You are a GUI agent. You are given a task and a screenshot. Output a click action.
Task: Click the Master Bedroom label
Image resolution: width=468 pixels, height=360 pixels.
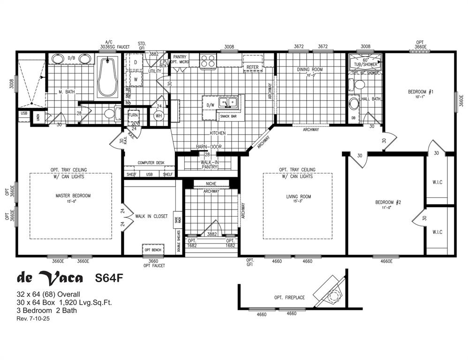(x=73, y=195)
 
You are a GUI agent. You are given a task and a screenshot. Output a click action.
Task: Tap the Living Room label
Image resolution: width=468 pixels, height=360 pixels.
(x=299, y=196)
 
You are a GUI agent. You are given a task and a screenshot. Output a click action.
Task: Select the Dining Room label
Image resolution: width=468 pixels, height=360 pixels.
(x=309, y=70)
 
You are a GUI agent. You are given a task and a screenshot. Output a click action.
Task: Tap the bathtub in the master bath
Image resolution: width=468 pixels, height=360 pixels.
(x=109, y=77)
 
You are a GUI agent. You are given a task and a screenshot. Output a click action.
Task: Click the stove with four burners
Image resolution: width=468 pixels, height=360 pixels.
(x=207, y=61)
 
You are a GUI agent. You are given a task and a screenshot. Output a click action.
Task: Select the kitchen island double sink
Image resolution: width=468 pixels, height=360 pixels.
(x=230, y=102)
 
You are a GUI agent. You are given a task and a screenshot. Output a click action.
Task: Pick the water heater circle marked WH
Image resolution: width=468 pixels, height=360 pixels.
(x=158, y=115)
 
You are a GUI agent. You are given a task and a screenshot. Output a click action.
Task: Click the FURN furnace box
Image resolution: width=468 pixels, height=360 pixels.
(x=133, y=115)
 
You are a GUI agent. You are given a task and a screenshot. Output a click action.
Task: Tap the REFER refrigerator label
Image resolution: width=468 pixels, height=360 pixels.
(x=253, y=67)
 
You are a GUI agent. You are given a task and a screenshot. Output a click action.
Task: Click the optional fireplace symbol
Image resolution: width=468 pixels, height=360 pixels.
(x=332, y=293)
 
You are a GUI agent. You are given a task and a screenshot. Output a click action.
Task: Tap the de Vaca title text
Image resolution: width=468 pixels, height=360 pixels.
(x=50, y=278)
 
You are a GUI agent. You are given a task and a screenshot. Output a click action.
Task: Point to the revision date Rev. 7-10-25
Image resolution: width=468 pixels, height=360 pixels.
(x=33, y=319)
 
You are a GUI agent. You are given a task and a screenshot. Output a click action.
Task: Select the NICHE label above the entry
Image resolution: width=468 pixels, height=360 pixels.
(x=211, y=183)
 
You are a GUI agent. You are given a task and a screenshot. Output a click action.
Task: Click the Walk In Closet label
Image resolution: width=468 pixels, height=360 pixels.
(x=151, y=216)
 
